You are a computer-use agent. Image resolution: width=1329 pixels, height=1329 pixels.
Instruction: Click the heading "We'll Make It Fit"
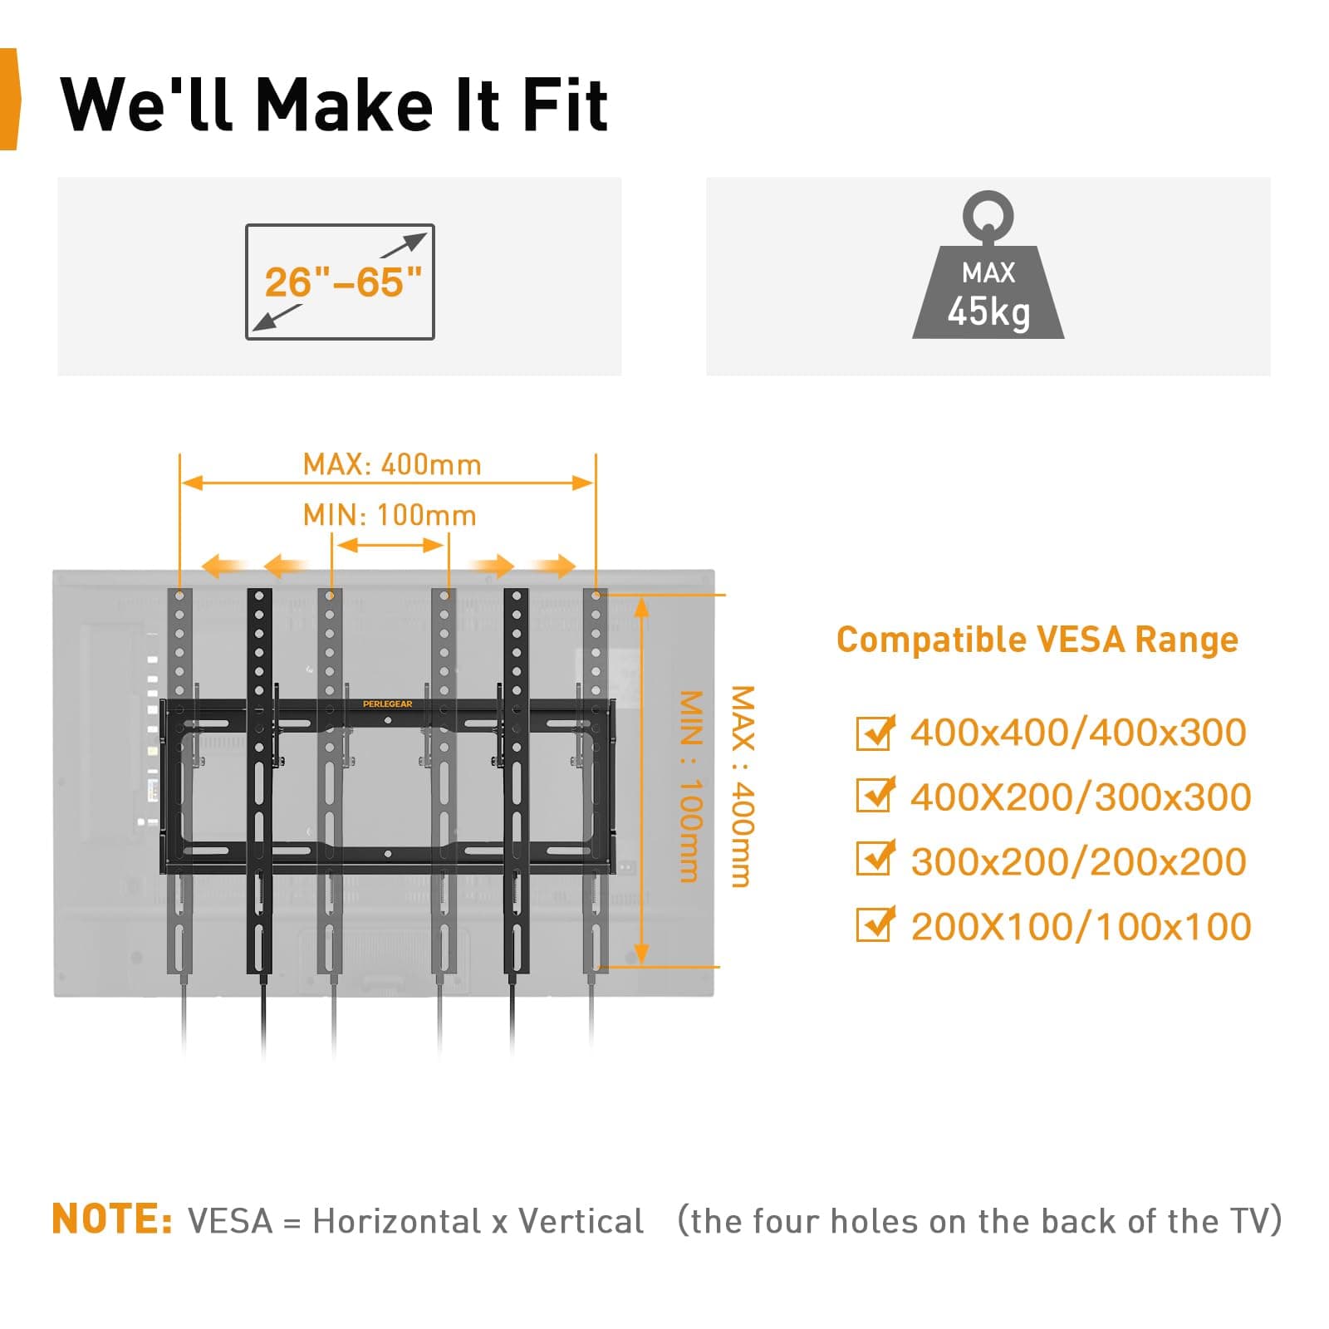pos(334,105)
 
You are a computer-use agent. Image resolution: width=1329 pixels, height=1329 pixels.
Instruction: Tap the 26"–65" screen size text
pos(343,282)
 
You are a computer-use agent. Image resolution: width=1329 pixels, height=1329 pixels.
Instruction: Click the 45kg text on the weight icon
pos(988,311)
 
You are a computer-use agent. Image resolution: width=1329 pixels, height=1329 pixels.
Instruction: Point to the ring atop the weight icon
pos(988,215)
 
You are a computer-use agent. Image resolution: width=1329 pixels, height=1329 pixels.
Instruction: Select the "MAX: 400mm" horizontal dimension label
pos(392,464)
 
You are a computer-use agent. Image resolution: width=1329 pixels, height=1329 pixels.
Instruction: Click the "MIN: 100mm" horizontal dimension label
pos(390,515)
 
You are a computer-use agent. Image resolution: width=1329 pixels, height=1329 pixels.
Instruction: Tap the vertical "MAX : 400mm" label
pos(742,786)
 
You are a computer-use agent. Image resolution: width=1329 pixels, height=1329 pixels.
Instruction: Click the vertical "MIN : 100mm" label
pos(691,786)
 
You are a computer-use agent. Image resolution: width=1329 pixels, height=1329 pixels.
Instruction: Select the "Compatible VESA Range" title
pos(1037,640)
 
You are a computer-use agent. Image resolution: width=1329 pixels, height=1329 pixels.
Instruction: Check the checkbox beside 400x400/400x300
pos(874,733)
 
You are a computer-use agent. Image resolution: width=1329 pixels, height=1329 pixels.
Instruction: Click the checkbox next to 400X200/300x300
pos(874,795)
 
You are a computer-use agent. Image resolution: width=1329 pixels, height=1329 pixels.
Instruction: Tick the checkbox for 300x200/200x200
pos(874,860)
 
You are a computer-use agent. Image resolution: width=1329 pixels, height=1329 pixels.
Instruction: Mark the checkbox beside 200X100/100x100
pos(874,924)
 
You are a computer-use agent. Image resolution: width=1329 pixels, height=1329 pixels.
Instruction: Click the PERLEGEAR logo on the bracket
pos(387,704)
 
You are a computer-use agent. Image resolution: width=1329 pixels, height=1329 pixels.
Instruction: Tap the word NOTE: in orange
pos(112,1219)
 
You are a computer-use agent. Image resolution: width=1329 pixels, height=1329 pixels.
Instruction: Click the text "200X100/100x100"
pos(1081,927)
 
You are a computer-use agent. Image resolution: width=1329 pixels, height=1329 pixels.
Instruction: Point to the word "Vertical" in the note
pos(581,1221)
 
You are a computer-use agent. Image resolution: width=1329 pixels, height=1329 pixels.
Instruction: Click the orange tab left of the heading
pos(8,100)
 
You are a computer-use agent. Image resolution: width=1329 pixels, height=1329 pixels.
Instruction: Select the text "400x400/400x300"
pos(1078,733)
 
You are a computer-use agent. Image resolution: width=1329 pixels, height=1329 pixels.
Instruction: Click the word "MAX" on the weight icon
pos(988,272)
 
